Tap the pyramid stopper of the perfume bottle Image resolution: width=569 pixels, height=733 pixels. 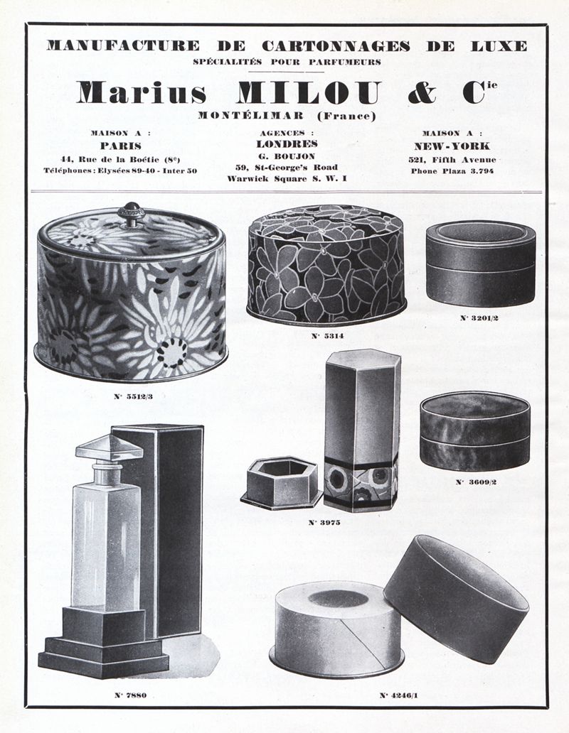click(x=110, y=447)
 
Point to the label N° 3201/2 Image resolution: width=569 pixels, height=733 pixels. click(x=479, y=318)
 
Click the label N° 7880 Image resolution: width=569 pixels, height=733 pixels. click(x=131, y=695)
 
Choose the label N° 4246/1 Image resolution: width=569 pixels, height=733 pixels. click(x=399, y=695)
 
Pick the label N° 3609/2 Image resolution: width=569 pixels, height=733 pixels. click(x=476, y=482)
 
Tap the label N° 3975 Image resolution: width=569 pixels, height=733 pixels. click(x=324, y=523)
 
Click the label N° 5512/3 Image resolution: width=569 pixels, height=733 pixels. click(x=134, y=396)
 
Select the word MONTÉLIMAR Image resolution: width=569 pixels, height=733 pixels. click(x=251, y=116)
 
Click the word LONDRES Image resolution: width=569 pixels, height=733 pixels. click(x=287, y=144)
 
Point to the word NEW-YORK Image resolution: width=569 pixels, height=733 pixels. click(x=452, y=146)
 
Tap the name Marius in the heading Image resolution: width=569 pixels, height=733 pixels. click(x=142, y=92)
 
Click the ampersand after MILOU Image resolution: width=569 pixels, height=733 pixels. click(x=422, y=92)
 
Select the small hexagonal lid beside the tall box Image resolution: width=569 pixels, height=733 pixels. click(x=282, y=483)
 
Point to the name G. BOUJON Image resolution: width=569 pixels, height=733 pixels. click(x=287, y=156)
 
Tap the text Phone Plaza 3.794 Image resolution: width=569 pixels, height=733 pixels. click(x=452, y=171)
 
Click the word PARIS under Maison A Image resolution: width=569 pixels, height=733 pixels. click(x=121, y=146)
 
